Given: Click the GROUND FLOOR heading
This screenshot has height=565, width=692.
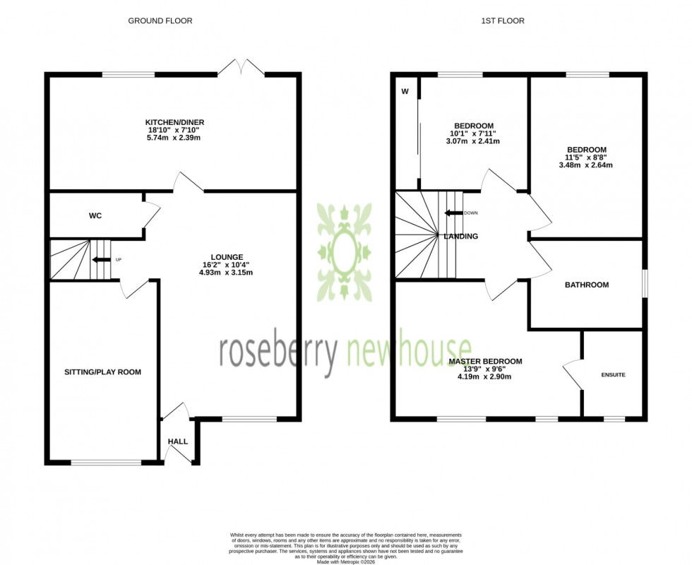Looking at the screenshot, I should [160, 21].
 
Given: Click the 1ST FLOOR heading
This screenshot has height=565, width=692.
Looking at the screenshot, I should [503, 21].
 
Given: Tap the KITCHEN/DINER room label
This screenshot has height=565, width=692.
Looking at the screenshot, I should [166, 122].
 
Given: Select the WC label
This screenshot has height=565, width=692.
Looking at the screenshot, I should [95, 215].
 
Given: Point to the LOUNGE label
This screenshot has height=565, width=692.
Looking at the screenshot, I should [227, 257].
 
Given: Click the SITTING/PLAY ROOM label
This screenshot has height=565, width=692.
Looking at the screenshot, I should [102, 371].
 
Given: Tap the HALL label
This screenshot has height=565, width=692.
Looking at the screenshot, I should [178, 441].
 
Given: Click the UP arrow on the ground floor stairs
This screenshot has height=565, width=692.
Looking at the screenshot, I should [102, 260].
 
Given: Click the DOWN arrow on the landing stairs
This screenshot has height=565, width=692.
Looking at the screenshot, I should [453, 213].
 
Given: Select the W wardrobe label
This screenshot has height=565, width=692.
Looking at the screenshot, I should [405, 90].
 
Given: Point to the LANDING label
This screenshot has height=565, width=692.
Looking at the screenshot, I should [460, 237].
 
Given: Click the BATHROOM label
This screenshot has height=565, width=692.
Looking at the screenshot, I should [586, 285].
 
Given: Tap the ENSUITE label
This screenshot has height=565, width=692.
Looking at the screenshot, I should [613, 374].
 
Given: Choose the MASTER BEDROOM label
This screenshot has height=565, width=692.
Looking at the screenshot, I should [486, 362].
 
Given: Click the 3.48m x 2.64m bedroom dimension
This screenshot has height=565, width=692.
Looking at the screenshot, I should [586, 165].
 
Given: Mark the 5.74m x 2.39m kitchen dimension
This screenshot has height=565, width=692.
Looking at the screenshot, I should [166, 138].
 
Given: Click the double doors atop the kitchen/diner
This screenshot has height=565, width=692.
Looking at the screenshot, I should [241, 69].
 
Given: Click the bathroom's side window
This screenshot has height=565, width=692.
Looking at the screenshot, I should [644, 285].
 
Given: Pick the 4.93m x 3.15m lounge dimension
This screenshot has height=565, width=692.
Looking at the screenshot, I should [227, 273].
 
